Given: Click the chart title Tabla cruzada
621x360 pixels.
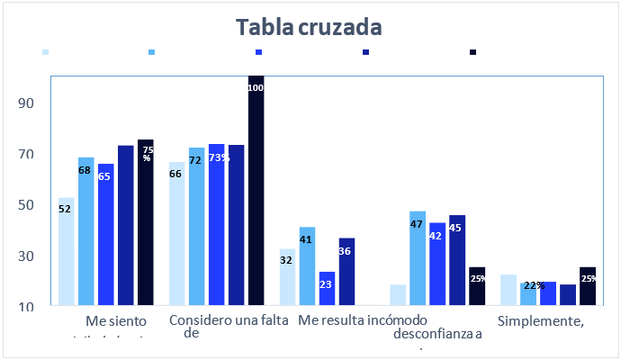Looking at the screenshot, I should coord(310,27).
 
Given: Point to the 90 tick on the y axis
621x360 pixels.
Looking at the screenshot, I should coord(27,103).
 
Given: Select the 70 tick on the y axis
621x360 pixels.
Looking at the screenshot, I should coord(27,154).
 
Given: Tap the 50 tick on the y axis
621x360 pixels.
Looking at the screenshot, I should coord(27,204).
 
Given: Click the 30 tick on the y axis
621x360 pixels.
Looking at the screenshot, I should coord(27,256).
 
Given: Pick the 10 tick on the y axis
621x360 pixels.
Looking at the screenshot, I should coord(27,306).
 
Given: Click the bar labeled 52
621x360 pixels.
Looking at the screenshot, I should coord(66,252).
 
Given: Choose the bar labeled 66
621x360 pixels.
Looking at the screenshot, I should coord(175,234).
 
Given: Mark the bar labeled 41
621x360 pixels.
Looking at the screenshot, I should coord(307,266).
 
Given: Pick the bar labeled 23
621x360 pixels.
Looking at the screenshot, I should coord(326,289).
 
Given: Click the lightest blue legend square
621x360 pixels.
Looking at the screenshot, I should coord(45,52).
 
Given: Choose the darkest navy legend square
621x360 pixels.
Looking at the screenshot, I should coord(472,52).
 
